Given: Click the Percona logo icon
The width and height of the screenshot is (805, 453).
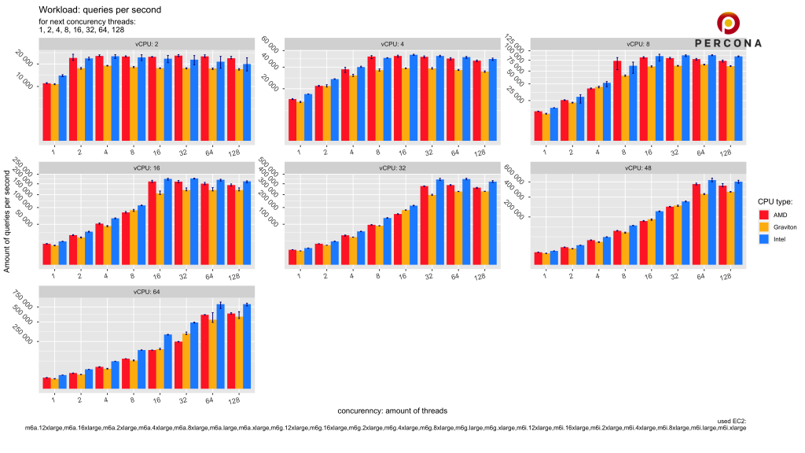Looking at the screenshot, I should click(728, 23).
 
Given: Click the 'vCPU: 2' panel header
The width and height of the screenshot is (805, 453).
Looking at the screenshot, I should click(146, 43).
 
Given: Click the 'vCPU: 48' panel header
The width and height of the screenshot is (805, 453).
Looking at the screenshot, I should click(637, 168).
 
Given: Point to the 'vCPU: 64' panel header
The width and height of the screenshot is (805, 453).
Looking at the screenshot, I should click(146, 292).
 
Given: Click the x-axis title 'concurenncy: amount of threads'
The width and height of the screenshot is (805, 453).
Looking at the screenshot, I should click(392, 411).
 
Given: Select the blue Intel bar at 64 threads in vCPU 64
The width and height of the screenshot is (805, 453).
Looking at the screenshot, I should click(221, 347).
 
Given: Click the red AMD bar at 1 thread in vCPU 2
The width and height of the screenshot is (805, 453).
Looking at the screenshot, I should click(46, 112).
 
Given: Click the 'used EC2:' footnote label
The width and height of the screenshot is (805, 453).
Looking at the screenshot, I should click(730, 422).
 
